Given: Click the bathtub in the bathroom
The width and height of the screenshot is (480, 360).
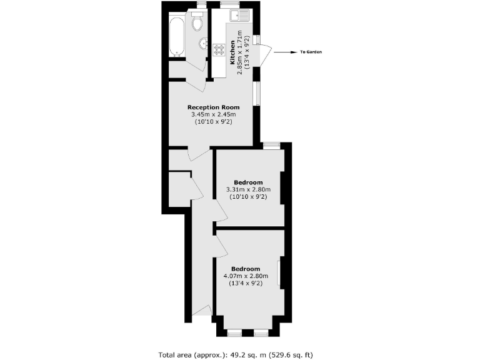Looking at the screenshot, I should pyautogui.click(x=177, y=34).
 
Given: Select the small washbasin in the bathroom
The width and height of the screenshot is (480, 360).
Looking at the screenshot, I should pyautogui.click(x=203, y=44).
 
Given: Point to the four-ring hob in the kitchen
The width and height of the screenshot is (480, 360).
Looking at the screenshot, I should pyautogui.click(x=219, y=49).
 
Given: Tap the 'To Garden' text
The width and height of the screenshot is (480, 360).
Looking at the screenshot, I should pyautogui.click(x=311, y=52).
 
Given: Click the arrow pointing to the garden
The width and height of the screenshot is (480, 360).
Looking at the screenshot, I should pyautogui.click(x=283, y=52).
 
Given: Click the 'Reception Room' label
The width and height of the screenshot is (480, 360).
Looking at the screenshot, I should pyautogui.click(x=213, y=107).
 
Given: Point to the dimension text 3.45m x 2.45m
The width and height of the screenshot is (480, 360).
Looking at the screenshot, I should pyautogui.click(x=213, y=114).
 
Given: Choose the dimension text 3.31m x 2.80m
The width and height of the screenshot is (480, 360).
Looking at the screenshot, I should pyautogui.click(x=248, y=190).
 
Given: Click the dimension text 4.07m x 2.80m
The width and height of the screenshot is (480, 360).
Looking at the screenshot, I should pyautogui.click(x=245, y=276).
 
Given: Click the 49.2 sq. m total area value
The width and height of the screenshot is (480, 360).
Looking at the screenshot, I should pyautogui.click(x=237, y=355).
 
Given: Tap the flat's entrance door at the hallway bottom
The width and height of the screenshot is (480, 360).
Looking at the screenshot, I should pyautogui.click(x=201, y=311).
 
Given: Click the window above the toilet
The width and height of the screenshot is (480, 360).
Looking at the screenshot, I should pyautogui.click(x=201, y=5).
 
